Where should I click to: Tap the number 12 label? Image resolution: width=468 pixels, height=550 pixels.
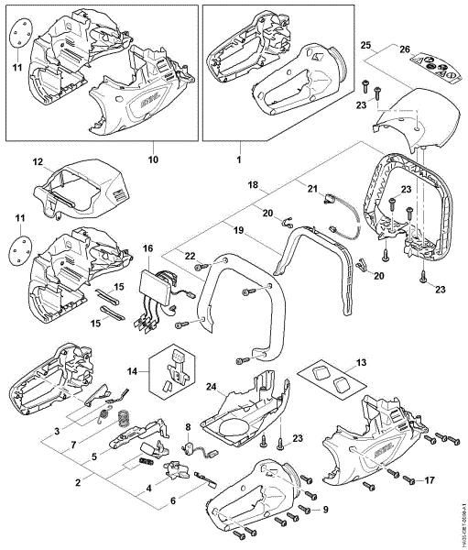(x=38, y=163)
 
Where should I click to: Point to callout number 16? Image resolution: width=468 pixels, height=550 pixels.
(x=148, y=247)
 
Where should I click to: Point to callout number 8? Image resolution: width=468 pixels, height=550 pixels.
(x=189, y=427)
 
